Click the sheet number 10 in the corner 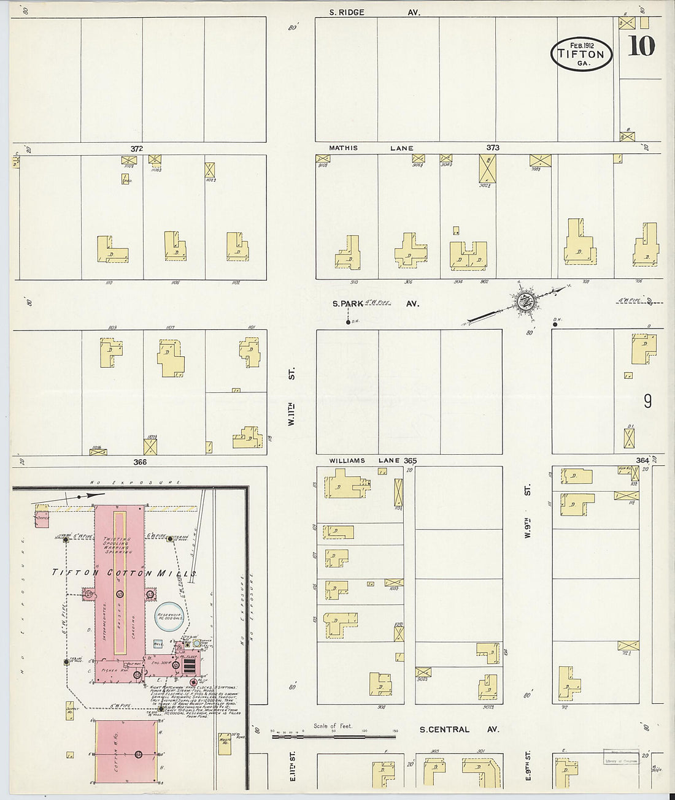tap(642, 46)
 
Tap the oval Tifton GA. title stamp tap(582, 53)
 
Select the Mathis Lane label tap(371, 148)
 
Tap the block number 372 tap(136, 148)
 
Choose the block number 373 tap(493, 148)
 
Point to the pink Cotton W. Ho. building tap(126, 752)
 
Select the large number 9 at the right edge tap(647, 402)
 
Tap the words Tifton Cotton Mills tap(123, 573)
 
